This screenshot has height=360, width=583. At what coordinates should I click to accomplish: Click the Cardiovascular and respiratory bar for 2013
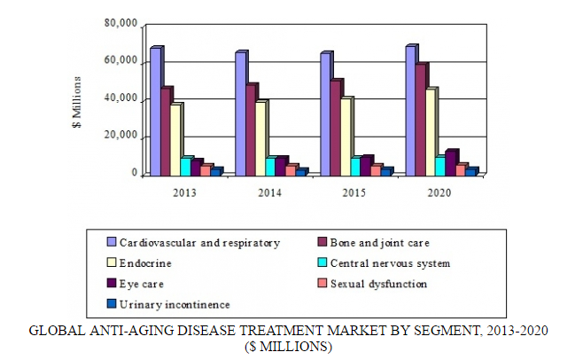coord(156,112)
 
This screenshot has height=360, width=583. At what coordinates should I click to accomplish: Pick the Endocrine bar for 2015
coord(346,137)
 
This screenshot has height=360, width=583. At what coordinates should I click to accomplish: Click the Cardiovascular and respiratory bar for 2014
coord(240,114)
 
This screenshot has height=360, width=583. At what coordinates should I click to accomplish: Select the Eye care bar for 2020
coord(452,163)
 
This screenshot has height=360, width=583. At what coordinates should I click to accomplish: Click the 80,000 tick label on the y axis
coord(120,24)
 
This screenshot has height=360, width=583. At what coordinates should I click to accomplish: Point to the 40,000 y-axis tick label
coord(120,99)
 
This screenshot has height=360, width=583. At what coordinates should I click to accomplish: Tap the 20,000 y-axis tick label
coord(120,137)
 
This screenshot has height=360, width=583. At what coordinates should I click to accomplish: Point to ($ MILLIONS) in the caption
coord(289,347)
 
